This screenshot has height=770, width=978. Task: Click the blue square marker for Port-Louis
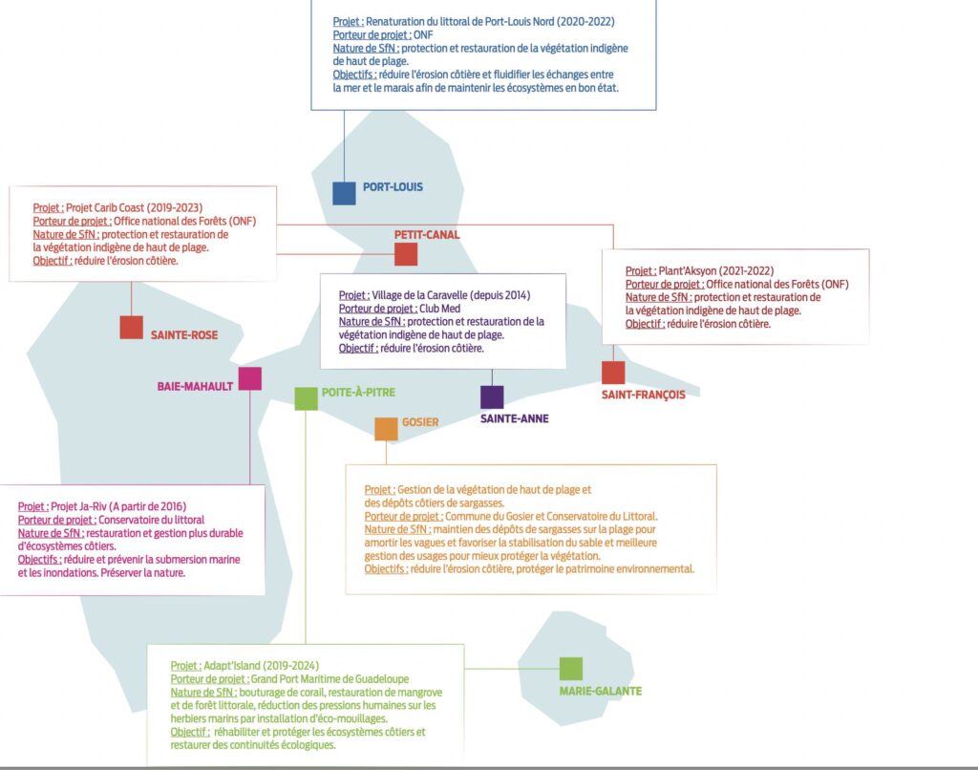tap(344, 193)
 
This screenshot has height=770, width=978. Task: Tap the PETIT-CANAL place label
tap(427, 235)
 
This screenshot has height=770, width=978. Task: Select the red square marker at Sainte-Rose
tap(131, 327)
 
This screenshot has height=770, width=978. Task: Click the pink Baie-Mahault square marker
tap(250, 378)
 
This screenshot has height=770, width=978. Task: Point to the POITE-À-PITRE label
tap(358, 393)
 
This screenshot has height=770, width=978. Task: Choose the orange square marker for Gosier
tap(386, 429)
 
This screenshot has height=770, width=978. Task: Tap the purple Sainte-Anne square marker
tap(492, 396)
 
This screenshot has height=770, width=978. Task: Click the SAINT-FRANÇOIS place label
tap(643, 396)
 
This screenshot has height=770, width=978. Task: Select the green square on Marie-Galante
tap(571, 669)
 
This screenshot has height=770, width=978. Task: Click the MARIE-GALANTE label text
tap(601, 692)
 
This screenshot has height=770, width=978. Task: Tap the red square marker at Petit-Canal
tap(406, 254)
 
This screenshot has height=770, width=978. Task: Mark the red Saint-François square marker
tap(613, 373)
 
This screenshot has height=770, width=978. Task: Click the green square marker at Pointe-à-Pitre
tap(306, 398)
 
